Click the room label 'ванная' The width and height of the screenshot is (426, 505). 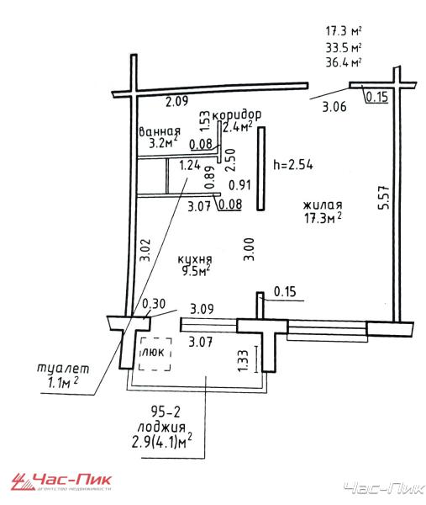click(x=160, y=131)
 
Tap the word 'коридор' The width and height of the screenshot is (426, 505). click(x=237, y=114)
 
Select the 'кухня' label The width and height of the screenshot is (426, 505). click(x=195, y=259)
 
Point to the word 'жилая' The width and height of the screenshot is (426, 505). click(x=323, y=205)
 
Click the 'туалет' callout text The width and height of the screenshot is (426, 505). click(x=63, y=368)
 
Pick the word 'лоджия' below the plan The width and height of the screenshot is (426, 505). click(x=161, y=427)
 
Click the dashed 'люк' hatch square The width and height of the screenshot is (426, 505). click(x=155, y=354)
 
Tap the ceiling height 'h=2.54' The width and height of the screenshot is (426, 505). click(x=293, y=165)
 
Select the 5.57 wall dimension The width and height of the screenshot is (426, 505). click(x=384, y=198)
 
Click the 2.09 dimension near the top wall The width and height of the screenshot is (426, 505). click(x=176, y=102)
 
